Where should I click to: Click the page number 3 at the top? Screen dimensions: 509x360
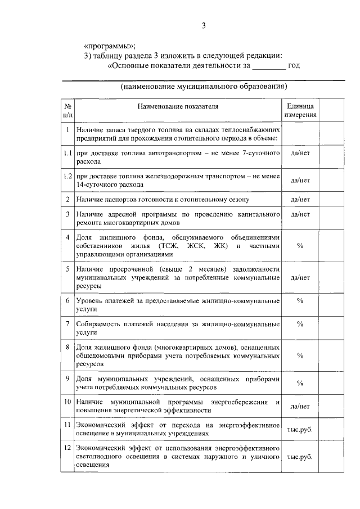[205, 25]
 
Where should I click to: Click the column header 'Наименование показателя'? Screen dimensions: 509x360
[177, 106]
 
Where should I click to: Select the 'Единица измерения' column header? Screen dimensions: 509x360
[300, 110]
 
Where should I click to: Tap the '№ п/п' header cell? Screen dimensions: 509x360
[67, 110]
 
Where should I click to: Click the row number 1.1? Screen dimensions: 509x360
[67, 153]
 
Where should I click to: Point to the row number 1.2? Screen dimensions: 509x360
[67, 176]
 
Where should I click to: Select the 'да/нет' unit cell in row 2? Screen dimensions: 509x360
[300, 199]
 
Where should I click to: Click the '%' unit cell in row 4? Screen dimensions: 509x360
[300, 246]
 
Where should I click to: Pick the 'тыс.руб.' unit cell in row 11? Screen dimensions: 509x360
[300, 430]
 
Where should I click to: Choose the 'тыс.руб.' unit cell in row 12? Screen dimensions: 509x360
[300, 457]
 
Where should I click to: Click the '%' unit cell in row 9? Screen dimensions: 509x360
[300, 383]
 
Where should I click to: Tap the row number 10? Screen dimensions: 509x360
[67, 402]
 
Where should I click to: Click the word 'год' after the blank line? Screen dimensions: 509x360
[294, 66]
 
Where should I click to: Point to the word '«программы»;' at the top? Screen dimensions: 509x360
[110, 46]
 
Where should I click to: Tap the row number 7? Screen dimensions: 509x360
[67, 324]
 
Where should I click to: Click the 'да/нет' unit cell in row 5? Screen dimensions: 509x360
[300, 277]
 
